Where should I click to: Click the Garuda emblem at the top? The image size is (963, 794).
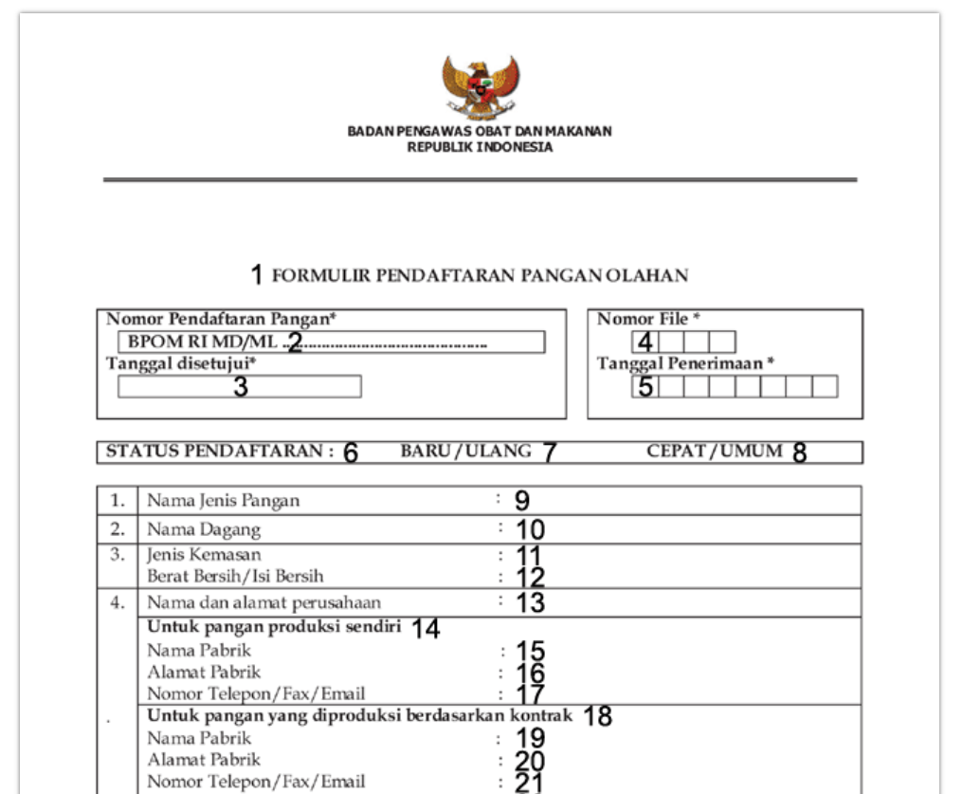tap(481, 86)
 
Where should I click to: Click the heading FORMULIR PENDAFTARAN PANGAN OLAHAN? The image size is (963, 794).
tap(480, 276)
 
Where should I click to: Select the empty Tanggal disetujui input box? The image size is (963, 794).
tap(239, 387)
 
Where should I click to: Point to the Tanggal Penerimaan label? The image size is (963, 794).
tap(685, 363)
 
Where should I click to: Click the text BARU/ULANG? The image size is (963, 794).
tap(465, 452)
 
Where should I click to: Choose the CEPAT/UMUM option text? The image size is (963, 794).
tap(715, 452)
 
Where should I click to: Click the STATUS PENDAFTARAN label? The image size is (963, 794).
tap(219, 452)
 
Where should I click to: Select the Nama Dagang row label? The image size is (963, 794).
tap(203, 529)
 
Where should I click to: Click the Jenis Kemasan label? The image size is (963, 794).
tap(204, 554)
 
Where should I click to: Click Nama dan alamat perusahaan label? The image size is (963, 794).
tap(263, 602)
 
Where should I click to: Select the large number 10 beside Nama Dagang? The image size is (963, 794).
tap(530, 529)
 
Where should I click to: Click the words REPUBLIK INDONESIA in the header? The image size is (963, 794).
tap(480, 147)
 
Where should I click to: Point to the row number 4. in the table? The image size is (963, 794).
tap(118, 602)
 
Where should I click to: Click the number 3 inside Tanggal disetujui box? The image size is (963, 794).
tap(241, 387)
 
